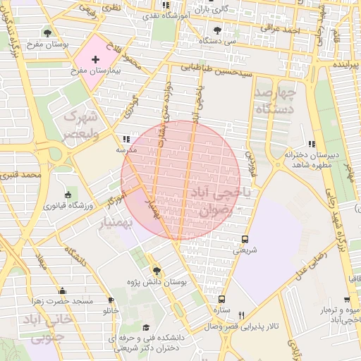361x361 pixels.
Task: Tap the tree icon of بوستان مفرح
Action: (47, 32)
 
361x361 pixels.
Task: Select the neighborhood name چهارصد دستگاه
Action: (274, 101)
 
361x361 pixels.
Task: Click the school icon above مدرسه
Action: (126, 140)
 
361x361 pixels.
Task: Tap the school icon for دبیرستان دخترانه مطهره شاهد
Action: (312, 144)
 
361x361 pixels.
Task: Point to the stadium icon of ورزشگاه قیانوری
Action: (68, 195)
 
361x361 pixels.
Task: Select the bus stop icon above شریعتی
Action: (245, 239)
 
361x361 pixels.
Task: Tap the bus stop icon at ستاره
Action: (222, 299)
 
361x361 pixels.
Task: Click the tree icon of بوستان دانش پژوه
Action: (157, 271)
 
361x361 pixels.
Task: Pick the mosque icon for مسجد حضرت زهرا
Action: (62, 290)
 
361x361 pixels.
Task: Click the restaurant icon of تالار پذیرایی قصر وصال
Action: (241, 315)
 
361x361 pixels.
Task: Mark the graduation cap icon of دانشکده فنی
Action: (146, 328)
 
